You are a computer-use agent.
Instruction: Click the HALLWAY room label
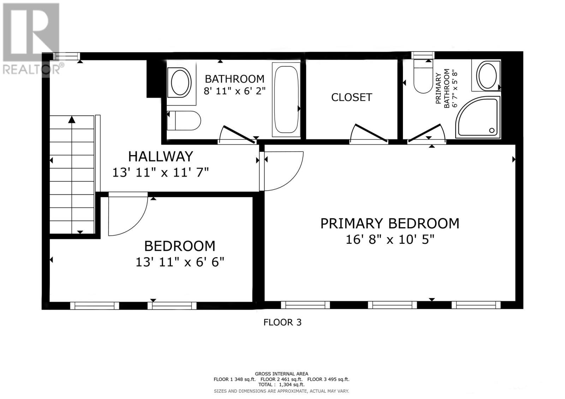click(160, 156)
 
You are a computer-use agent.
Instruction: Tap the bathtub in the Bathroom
click(286, 99)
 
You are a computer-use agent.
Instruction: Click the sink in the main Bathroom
click(181, 82)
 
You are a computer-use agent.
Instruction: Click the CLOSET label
click(351, 97)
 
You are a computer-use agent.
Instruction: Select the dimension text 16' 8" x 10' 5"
click(389, 240)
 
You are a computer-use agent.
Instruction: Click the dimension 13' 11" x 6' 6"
click(180, 262)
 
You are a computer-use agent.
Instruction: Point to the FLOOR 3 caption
click(282, 322)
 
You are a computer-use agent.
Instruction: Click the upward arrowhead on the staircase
click(72, 120)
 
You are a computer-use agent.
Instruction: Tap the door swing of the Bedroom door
click(127, 215)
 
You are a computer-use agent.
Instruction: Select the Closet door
click(371, 133)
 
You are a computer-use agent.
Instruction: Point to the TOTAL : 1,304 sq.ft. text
click(281, 385)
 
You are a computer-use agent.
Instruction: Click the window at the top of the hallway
click(66, 56)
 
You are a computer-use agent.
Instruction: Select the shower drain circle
click(492, 130)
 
